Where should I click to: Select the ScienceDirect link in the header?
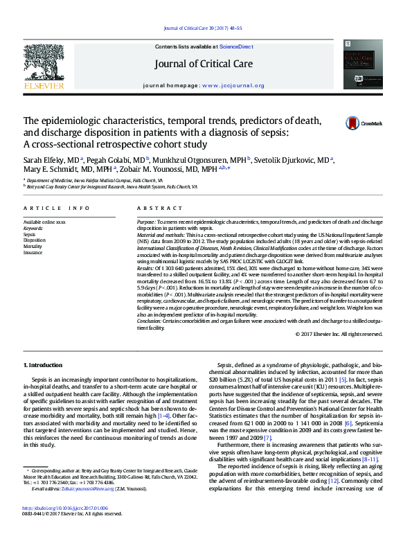click(x=236, y=46)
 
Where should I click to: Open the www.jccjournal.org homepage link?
click(x=233, y=86)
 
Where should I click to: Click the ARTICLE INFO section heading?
click(x=57, y=208)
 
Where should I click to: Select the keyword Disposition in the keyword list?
click(x=33, y=240)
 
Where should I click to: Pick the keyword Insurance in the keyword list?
click(x=33, y=252)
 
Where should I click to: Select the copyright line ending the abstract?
click(x=339, y=334)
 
